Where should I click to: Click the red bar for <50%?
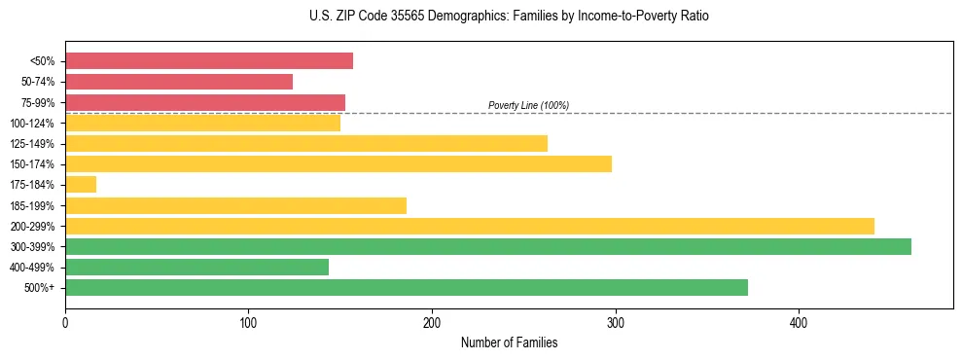pos(209,61)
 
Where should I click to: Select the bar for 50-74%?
pos(179,82)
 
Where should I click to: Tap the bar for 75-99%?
pos(205,102)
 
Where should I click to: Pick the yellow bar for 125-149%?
pos(306,144)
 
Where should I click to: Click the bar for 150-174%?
pos(338,164)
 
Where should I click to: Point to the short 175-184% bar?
pos(81,185)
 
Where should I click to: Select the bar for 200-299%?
pos(470,226)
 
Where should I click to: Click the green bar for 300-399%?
pos(488,247)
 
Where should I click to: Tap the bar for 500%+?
pos(407,288)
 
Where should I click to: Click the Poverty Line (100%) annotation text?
pos(528,105)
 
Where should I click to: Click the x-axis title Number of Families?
pos(509,342)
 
